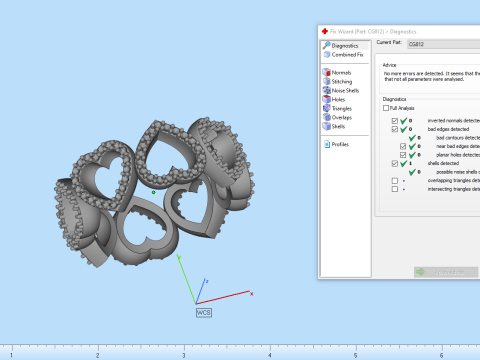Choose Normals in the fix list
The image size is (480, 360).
[x=341, y=72]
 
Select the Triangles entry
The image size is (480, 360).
[x=342, y=107]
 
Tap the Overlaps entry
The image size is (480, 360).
[x=342, y=116]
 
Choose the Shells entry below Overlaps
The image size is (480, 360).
[x=339, y=125]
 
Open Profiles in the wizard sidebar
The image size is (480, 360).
[x=341, y=144]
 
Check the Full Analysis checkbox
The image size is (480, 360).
[x=387, y=108]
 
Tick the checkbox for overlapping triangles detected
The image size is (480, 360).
[x=394, y=180]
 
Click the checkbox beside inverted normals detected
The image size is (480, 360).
[x=394, y=120]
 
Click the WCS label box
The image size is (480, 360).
[x=203, y=312]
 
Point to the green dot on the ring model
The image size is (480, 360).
[x=153, y=190]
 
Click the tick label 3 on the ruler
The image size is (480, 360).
[x=183, y=355]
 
